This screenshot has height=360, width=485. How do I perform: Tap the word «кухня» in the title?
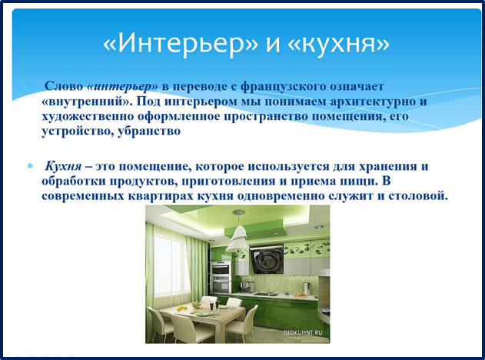click(338, 45)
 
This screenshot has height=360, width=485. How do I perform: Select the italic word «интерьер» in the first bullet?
click(122, 86)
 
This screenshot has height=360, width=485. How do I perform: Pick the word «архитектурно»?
click(373, 102)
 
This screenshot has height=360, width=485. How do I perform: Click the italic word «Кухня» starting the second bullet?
click(63, 166)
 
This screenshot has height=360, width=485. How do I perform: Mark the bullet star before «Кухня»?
click(30, 166)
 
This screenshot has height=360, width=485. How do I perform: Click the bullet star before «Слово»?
click(30, 85)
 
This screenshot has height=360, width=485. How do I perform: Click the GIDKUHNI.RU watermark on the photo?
click(303, 333)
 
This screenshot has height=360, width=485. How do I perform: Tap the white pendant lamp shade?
click(238, 238)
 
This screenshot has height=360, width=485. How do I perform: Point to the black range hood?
click(267, 260)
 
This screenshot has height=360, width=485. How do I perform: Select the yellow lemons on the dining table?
click(181, 308)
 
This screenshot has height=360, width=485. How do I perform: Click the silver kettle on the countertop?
click(306, 288)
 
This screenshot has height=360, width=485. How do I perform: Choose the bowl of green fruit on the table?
click(197, 305)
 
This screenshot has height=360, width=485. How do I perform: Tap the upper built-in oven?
click(221, 268)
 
